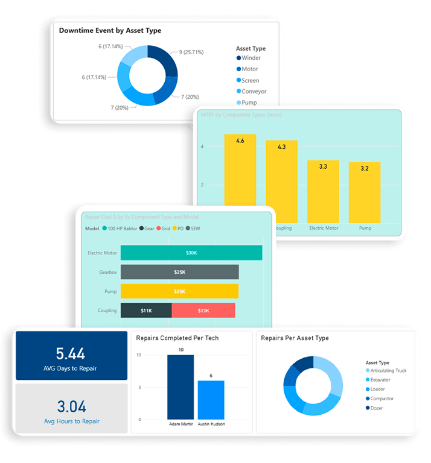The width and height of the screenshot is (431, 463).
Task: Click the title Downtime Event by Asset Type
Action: (x=110, y=30)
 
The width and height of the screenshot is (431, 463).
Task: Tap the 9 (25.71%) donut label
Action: (x=191, y=52)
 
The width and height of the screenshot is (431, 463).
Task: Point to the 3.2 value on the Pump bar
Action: (x=365, y=169)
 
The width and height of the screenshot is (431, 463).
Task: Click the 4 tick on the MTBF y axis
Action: (x=202, y=146)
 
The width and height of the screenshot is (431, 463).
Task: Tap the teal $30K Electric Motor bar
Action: (x=191, y=253)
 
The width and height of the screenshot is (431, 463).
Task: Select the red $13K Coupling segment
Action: (x=203, y=310)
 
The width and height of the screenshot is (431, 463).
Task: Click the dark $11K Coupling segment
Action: (x=146, y=310)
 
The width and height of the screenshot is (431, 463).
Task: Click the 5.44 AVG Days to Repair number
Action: (x=71, y=353)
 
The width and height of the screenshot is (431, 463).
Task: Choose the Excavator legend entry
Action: (x=381, y=380)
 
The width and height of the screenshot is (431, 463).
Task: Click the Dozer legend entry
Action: (x=377, y=408)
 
